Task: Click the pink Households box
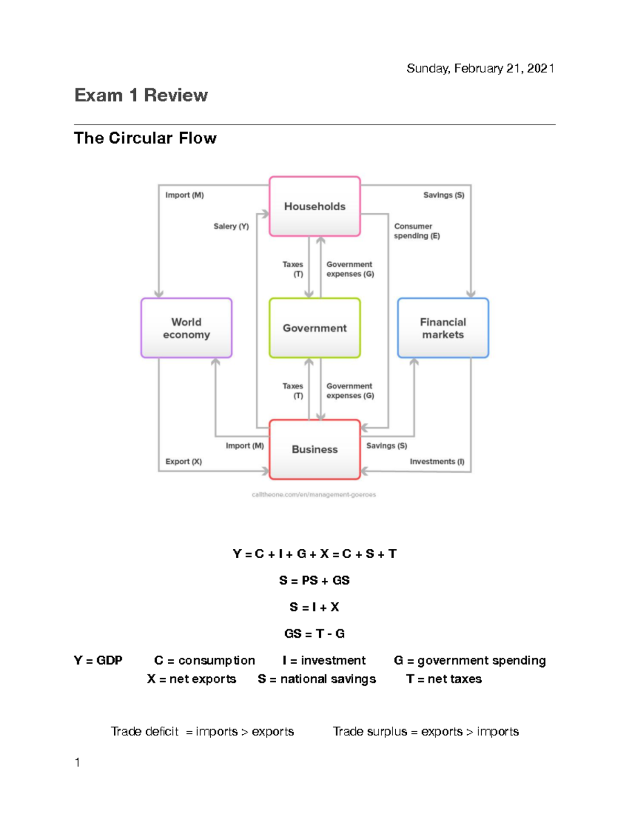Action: click(x=314, y=207)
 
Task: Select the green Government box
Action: click(x=314, y=328)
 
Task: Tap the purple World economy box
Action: click(x=186, y=328)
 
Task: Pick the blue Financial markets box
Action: click(x=443, y=328)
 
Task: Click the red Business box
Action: click(x=314, y=449)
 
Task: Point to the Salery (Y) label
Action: click(x=231, y=226)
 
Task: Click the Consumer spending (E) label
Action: click(x=417, y=231)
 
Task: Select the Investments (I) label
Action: click(x=437, y=462)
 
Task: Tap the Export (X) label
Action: click(x=183, y=462)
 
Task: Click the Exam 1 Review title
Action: click(x=141, y=95)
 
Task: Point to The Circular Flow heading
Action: click(x=145, y=138)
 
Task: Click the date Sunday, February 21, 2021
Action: click(x=480, y=69)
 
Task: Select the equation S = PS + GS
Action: click(x=314, y=581)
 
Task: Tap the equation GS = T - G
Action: click(x=314, y=634)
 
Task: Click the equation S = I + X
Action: click(x=314, y=607)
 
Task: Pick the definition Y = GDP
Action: click(x=98, y=660)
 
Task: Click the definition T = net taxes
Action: click(x=443, y=679)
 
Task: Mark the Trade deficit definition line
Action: click(x=202, y=732)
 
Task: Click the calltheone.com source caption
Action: click(x=313, y=495)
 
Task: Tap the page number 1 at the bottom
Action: click(x=78, y=763)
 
